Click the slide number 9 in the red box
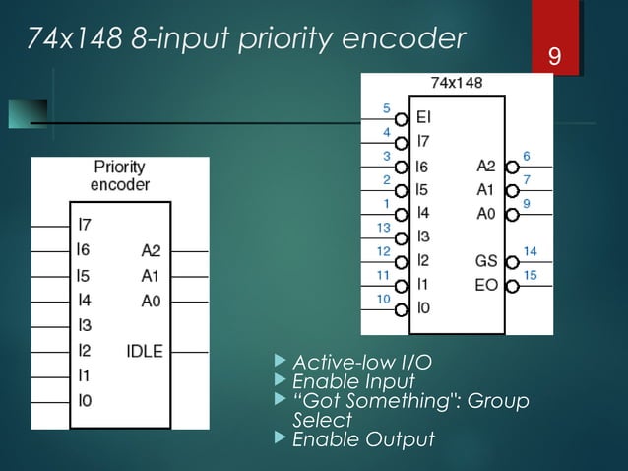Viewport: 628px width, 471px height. pyautogui.click(x=555, y=59)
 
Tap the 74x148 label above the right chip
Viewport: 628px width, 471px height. pyautogui.click(x=457, y=84)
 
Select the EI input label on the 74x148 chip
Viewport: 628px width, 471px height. pyautogui.click(x=424, y=117)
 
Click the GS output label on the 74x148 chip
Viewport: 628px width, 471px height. pyautogui.click(x=486, y=262)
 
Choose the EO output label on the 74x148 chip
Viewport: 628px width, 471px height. pyautogui.click(x=486, y=286)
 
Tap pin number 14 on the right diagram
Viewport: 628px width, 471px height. pyautogui.click(x=530, y=251)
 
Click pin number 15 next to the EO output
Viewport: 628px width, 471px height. pyautogui.click(x=530, y=275)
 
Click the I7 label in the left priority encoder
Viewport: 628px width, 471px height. pyautogui.click(x=85, y=226)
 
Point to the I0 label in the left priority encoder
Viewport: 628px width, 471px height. pyautogui.click(x=85, y=401)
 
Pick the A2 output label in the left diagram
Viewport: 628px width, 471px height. pyautogui.click(x=150, y=250)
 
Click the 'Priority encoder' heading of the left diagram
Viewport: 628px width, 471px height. pyautogui.click(x=120, y=175)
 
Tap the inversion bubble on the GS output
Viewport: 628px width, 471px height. pyautogui.click(x=511, y=262)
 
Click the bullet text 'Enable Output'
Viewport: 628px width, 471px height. pyautogui.click(x=363, y=439)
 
